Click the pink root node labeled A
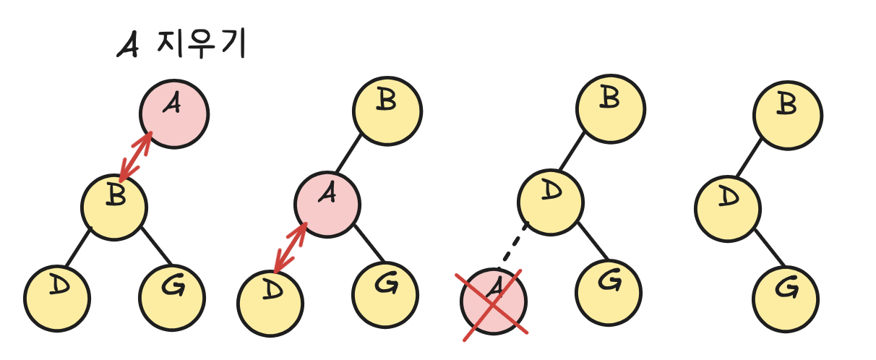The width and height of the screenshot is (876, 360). tap(174, 113)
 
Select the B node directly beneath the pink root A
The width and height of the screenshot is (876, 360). tap(114, 207)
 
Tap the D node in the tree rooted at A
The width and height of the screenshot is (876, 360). tap(56, 297)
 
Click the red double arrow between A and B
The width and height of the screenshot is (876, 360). tap(136, 156)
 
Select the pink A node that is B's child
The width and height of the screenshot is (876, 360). tap(327, 203)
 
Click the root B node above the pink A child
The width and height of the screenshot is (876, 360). tap(387, 111)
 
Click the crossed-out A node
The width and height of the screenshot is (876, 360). tap(494, 301)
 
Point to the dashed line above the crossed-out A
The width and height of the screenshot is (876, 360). tap(515, 246)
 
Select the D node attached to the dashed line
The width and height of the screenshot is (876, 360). tap(551, 202)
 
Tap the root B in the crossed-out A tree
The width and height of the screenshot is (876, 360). tap(610, 109)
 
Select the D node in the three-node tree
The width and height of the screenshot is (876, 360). tap(728, 208)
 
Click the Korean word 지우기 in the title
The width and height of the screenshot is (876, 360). tap(202, 46)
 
